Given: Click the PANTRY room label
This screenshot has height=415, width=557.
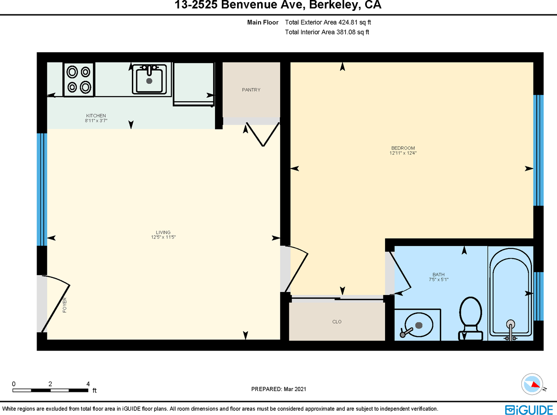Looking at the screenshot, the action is pos(251,90).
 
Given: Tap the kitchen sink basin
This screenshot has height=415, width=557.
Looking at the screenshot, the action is pos(149,80).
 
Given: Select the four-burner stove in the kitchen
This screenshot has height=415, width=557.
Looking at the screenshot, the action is pos(79,80).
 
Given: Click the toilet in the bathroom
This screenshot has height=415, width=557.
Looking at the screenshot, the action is pos(470,319).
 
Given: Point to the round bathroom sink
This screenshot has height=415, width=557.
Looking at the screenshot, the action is pos(418,325).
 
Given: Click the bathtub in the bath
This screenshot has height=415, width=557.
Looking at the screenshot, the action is pos(510,294).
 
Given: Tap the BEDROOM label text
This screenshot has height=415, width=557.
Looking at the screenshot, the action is pos(403,148).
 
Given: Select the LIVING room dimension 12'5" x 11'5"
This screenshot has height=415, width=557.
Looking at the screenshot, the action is pos(164,237).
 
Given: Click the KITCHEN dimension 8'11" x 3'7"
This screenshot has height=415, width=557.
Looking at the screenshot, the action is pos(96,121).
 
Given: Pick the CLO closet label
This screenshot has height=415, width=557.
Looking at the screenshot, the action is pos(337,322).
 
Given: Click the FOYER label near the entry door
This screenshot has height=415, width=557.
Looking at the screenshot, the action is pos(64,305).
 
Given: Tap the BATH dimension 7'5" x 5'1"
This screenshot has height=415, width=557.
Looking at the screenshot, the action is pos(439,279).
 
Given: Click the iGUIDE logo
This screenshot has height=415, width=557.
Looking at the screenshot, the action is pos(529,410).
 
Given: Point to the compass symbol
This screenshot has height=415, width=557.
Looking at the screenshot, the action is pos(532,384).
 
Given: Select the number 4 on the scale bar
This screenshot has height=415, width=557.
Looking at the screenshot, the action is pos(88,384).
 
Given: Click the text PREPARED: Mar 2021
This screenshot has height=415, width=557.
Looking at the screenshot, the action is pos(278,389).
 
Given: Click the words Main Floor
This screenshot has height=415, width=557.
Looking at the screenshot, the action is pos(263,22).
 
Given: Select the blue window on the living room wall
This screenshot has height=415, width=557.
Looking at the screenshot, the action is pos(42,189).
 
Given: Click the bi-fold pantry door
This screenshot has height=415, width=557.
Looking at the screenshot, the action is pos(263,134).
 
